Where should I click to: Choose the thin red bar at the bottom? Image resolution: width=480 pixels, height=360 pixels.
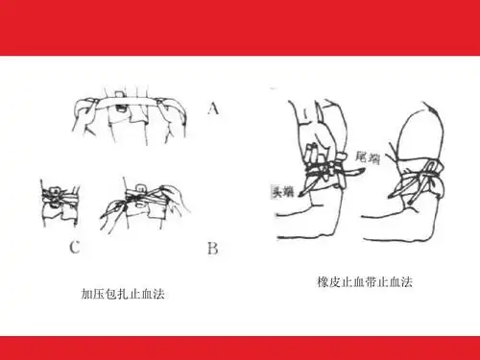[x=240, y=347]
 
